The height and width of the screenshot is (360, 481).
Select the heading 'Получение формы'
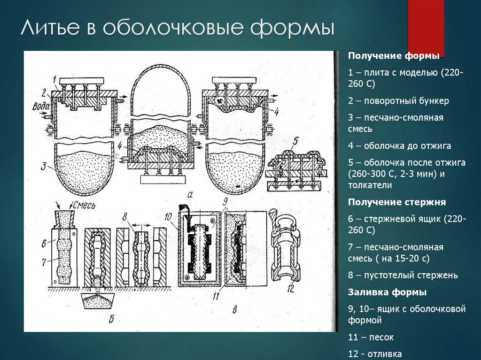tap(394, 56)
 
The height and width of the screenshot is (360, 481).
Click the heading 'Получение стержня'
tap(396, 202)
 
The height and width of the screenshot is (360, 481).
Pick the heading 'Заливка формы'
tap(387, 292)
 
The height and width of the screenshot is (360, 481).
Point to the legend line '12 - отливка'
tap(375, 354)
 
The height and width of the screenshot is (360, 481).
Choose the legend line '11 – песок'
tap(371, 337)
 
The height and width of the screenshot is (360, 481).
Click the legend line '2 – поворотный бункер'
tap(398, 100)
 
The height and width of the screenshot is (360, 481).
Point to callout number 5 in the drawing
tap(294, 141)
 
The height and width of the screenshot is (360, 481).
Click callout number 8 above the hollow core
tap(124, 217)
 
